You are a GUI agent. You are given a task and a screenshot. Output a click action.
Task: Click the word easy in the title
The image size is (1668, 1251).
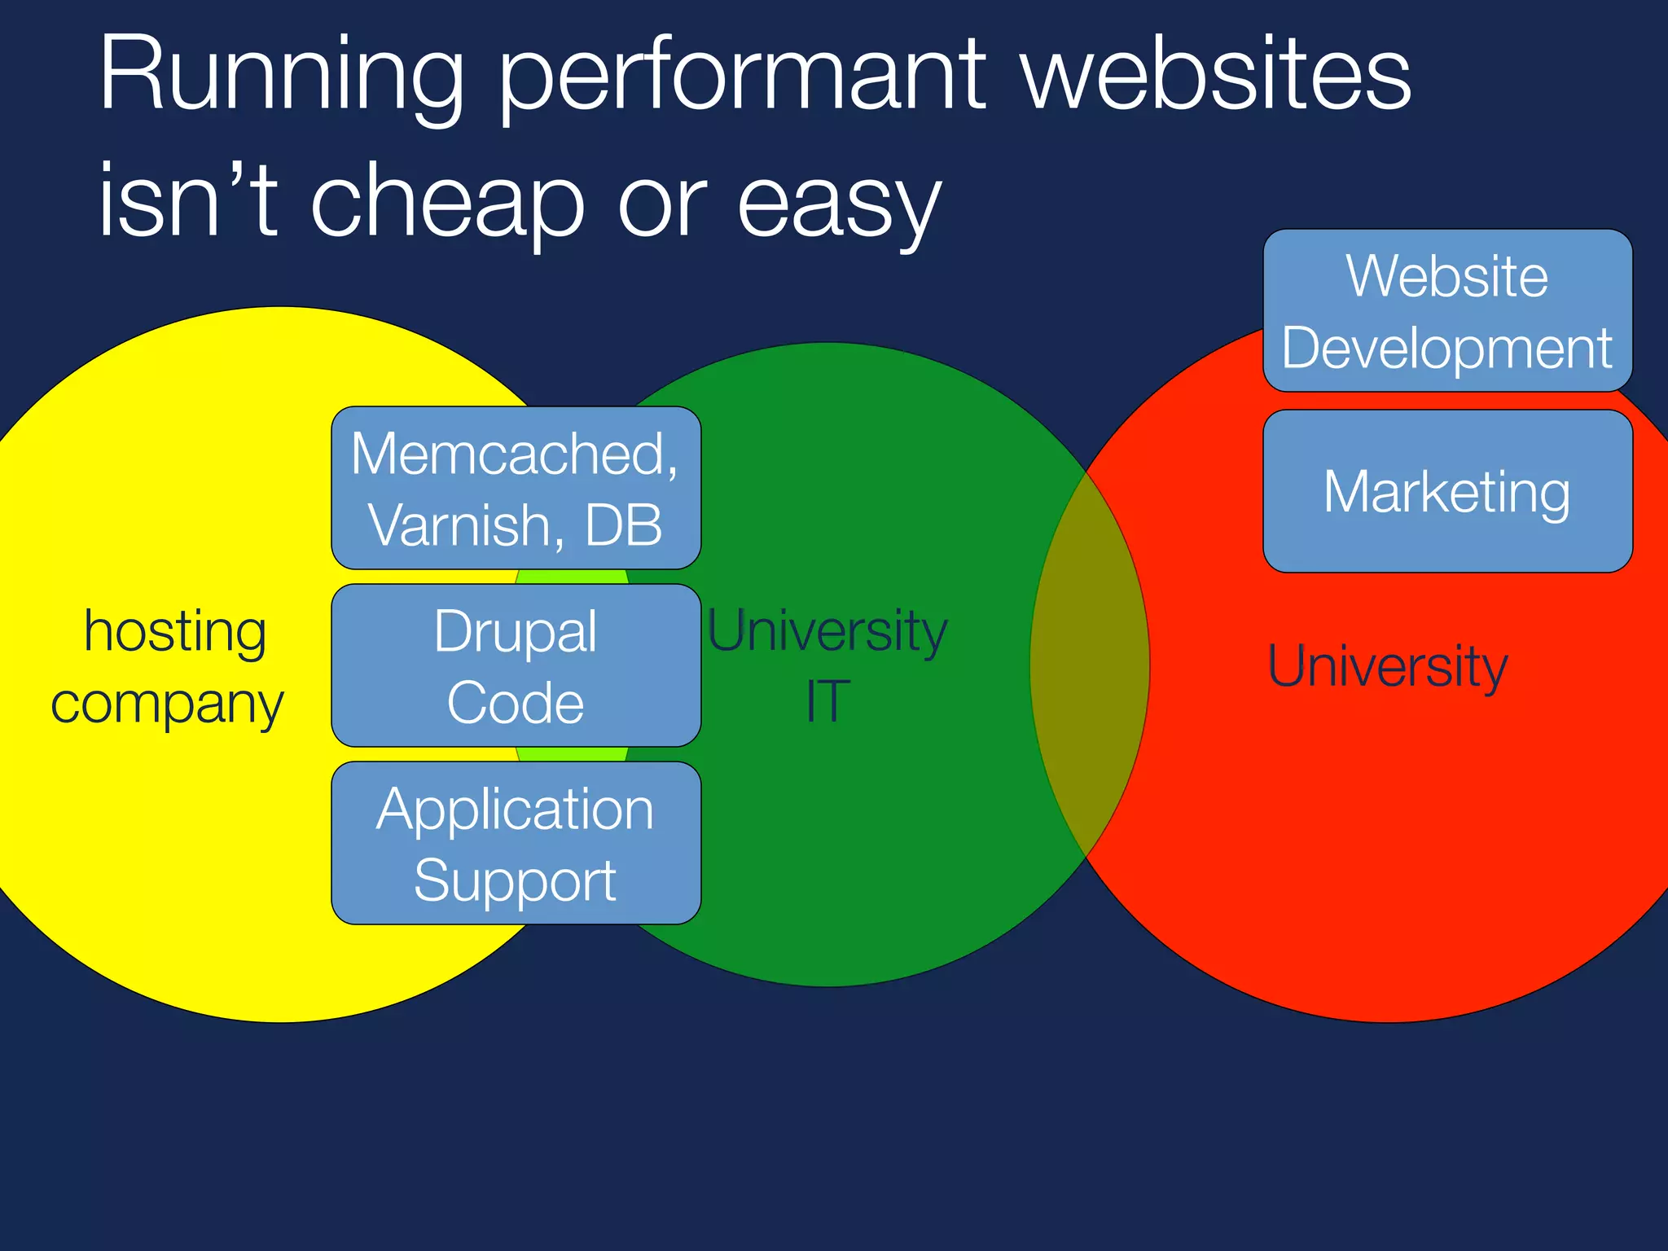[838, 204]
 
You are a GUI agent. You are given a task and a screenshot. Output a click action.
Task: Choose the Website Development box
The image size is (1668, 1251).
[1446, 310]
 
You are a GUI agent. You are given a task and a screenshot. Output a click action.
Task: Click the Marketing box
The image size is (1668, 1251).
[1446, 491]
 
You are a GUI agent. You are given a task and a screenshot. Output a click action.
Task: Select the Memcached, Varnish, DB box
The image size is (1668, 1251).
[516, 488]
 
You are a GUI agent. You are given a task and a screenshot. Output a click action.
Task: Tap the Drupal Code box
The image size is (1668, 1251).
[516, 665]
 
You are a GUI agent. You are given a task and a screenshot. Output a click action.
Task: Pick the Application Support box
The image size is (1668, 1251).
[516, 843]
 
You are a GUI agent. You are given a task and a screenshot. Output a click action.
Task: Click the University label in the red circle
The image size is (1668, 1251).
[1387, 666]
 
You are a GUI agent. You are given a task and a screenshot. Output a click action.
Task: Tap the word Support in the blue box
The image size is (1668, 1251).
[515, 880]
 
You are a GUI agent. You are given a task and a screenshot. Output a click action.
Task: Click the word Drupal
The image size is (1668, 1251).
[515, 631]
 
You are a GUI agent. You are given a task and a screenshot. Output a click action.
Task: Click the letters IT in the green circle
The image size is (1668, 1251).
[827, 701]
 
